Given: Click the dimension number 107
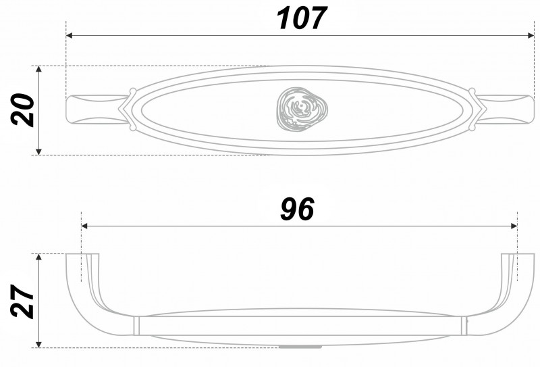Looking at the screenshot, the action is tap(301, 18).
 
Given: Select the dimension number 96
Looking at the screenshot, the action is tap(297, 210).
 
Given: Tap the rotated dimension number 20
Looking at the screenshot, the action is tap(23, 110).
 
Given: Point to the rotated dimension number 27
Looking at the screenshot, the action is tap(23, 301).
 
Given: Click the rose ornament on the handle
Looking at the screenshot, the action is tap(302, 109).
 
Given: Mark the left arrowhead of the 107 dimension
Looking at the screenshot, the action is tap(70, 35).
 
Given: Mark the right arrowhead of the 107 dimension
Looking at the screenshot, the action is tap(531, 35).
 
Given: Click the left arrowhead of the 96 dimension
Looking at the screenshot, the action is tap(85, 226).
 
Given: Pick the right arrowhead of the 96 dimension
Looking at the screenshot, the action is tap(514, 226).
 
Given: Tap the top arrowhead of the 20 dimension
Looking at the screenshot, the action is tap(38, 70).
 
